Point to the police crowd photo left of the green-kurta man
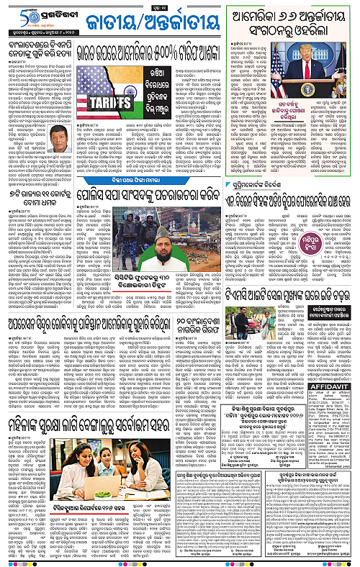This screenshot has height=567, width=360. point(123,254)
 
